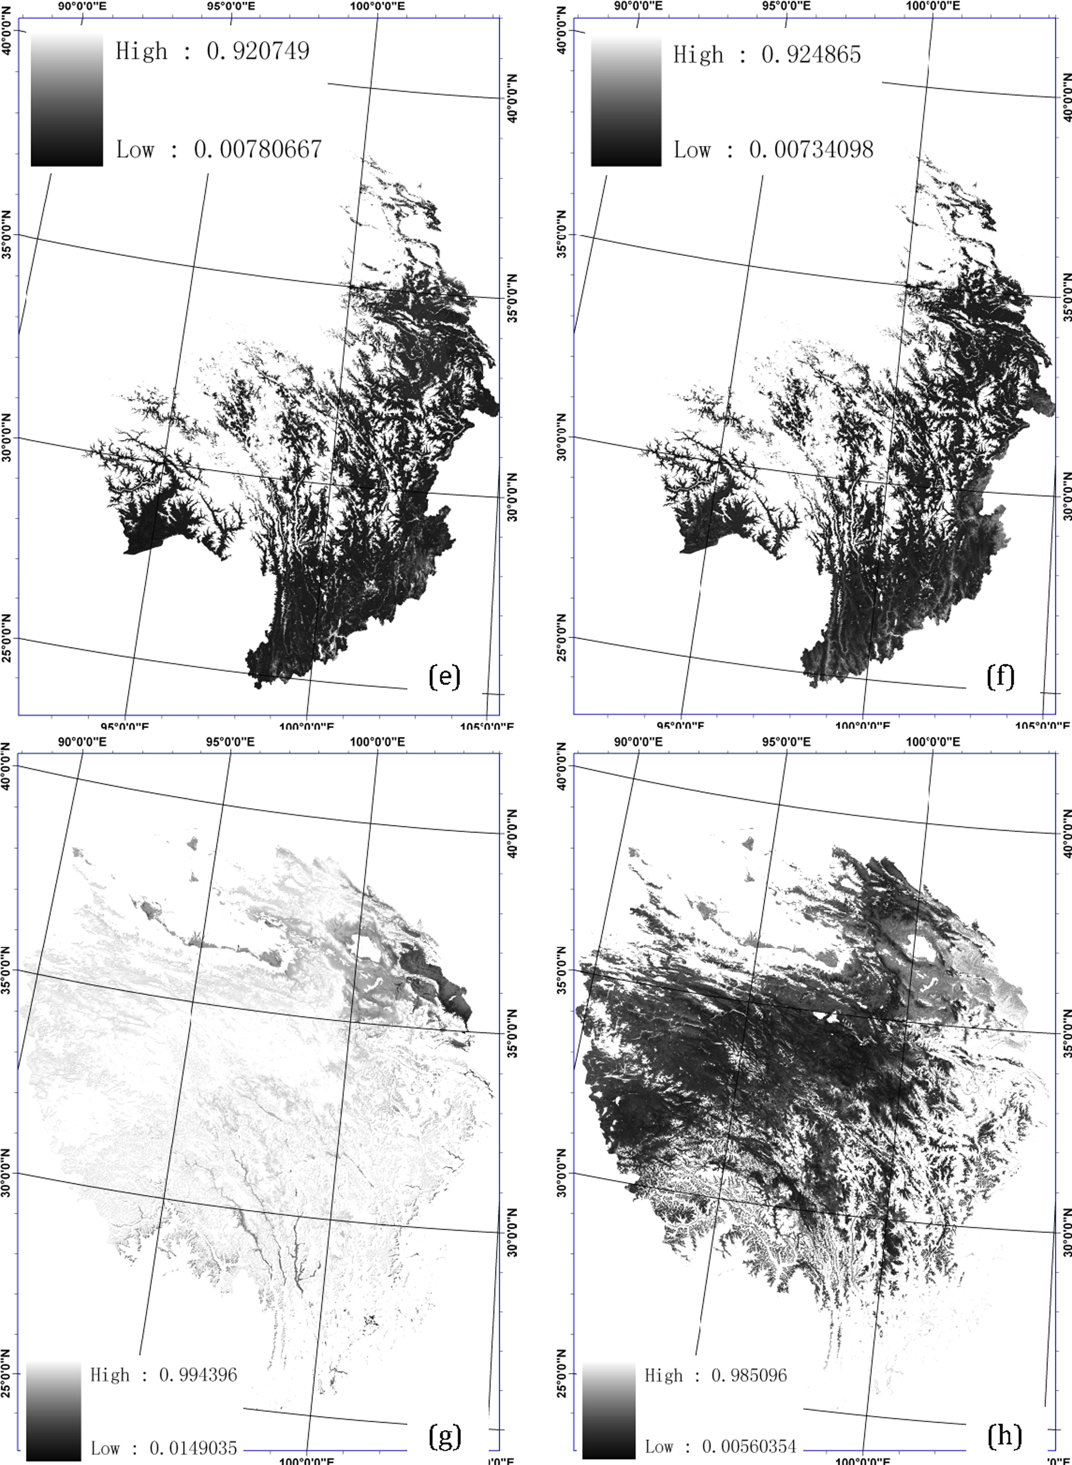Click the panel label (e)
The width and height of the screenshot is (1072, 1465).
tap(445, 677)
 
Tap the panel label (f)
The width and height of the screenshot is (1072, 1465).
tap(1000, 677)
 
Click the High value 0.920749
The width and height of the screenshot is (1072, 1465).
tap(257, 51)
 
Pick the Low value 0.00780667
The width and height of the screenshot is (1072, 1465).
tap(257, 150)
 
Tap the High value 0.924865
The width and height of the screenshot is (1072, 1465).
tap(811, 54)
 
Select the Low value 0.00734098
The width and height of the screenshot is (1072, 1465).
tap(811, 150)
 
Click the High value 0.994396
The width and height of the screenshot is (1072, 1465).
tap(198, 1375)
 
